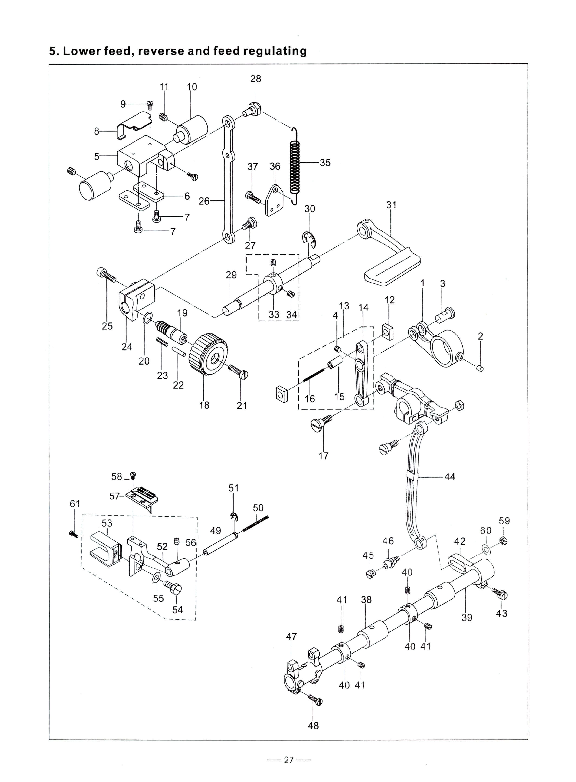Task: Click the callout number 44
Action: pyautogui.click(x=450, y=476)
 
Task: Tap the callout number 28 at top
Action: pyautogui.click(x=255, y=79)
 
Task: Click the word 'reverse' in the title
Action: pyautogui.click(x=161, y=51)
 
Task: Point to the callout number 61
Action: pyautogui.click(x=75, y=504)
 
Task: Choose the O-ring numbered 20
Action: pyautogui.click(x=148, y=318)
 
